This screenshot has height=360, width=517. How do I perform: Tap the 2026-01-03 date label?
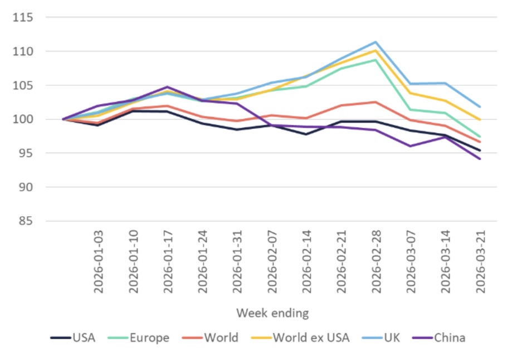(x=97, y=260)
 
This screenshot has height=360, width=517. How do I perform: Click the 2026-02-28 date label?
(x=375, y=260)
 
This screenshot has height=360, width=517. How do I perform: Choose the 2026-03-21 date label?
(x=480, y=260)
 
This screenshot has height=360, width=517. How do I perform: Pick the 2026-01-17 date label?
(x=167, y=260)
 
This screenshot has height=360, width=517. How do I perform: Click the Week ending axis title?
(x=272, y=313)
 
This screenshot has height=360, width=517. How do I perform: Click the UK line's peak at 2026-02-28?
(x=375, y=42)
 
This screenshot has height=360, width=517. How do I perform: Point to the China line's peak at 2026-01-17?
(x=167, y=87)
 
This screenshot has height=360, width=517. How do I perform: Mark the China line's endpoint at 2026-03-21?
(x=480, y=159)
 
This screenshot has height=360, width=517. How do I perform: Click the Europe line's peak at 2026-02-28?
(x=375, y=60)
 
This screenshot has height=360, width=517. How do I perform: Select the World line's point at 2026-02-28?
(x=375, y=102)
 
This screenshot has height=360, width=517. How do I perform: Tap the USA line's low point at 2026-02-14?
(x=306, y=134)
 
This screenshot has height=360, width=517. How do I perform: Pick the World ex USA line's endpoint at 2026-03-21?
(x=480, y=119)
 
